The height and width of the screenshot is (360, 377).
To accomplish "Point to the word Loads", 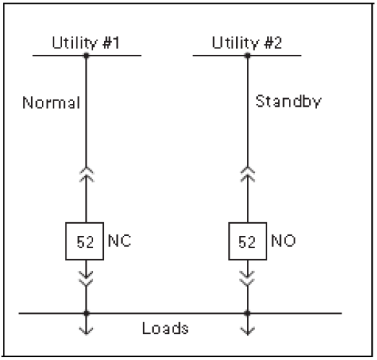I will (x=165, y=328).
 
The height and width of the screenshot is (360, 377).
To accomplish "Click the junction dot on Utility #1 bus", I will (x=86, y=55).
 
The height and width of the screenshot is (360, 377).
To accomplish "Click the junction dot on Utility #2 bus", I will (x=247, y=55).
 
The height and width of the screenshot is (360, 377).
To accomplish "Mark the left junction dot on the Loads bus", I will (x=86, y=313).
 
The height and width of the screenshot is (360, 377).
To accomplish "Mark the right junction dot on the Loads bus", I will (x=247, y=313).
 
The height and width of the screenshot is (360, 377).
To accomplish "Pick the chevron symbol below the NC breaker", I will (x=86, y=276).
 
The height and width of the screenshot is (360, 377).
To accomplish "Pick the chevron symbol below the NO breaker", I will (x=247, y=276).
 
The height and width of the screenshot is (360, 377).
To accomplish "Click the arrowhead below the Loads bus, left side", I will (x=86, y=331).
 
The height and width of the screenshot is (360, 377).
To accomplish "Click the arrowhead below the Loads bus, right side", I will (x=247, y=331).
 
